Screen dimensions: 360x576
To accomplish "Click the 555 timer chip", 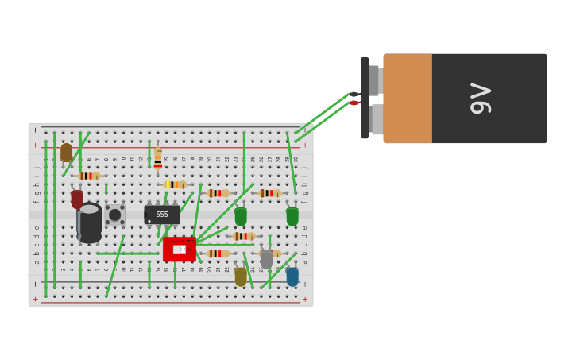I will click(x=162, y=215).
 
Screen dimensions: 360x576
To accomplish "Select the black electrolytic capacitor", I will click(x=89, y=223).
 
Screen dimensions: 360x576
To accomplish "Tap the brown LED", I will click(x=66, y=152).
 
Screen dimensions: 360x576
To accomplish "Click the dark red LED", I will click(x=77, y=199).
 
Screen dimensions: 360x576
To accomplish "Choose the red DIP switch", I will click(x=180, y=249).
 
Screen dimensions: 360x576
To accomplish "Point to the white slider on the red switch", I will click(x=180, y=250).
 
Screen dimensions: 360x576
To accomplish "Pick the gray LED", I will click(x=266, y=259).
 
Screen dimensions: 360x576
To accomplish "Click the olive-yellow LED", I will click(x=241, y=277).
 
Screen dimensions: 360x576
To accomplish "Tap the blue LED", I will click(x=292, y=277).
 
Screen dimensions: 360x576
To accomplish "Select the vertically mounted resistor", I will click(x=158, y=157).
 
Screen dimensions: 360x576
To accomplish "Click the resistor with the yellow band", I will click(x=176, y=184).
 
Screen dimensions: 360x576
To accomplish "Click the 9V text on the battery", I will click(x=481, y=99).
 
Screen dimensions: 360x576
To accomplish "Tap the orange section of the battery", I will click(x=408, y=99).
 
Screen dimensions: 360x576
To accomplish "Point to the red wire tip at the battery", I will click(x=354, y=103).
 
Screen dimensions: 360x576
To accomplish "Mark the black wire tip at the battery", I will click(x=354, y=95).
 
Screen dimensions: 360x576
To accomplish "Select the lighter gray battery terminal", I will click(x=377, y=119).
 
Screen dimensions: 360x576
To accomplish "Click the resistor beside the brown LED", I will click(x=88, y=176).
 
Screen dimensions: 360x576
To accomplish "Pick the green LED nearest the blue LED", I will click(x=292, y=216).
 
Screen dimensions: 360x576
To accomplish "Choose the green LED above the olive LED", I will click(x=241, y=216).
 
